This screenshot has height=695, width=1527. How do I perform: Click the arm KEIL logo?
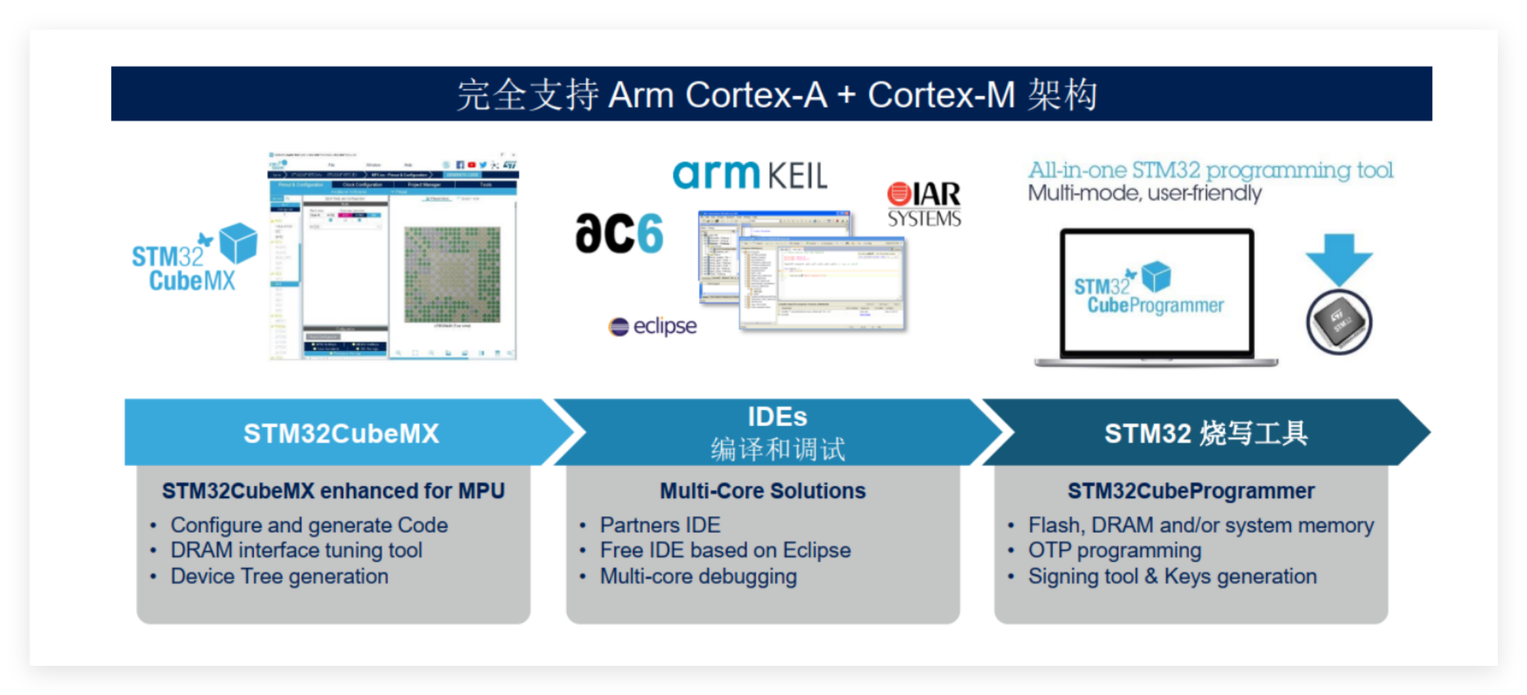[750, 174]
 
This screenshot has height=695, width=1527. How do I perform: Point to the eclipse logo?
[653, 326]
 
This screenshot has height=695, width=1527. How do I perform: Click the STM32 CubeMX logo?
[193, 259]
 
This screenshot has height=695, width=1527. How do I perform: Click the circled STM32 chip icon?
[1339, 322]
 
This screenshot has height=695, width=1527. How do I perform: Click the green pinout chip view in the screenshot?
[452, 275]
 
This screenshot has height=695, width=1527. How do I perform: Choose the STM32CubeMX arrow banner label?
[341, 434]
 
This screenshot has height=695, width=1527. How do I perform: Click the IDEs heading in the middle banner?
[777, 417]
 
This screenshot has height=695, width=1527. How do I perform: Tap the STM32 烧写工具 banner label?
[1205, 434]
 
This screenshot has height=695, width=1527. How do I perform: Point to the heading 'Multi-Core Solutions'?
[762, 491]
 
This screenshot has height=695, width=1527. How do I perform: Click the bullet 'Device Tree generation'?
[279, 576]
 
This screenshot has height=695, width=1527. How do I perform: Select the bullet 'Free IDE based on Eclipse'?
[725, 550]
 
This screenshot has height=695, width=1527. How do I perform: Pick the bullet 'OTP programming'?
[1114, 550]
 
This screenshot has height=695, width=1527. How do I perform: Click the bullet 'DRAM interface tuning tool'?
[296, 550]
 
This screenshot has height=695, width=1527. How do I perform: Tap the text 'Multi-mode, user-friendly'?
[1145, 193]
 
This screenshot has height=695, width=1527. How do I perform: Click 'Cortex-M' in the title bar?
[941, 95]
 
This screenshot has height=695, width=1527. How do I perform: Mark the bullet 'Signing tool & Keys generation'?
[1172, 576]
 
